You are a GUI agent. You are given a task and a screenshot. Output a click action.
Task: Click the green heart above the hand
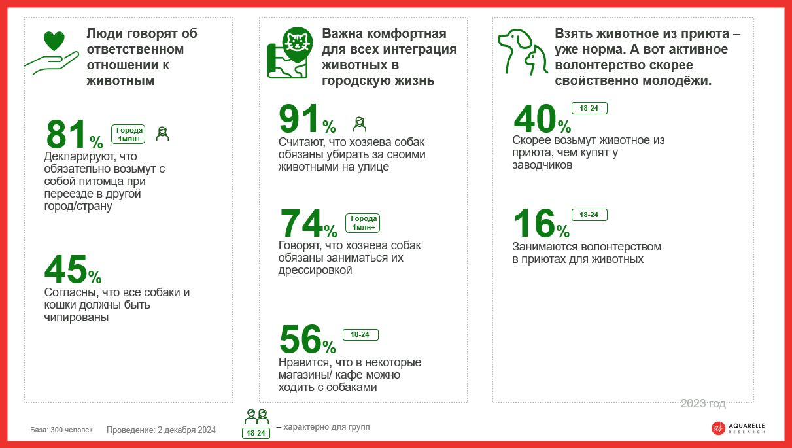click(x=54, y=41)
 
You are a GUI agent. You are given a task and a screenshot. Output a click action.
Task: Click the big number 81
click(x=67, y=134)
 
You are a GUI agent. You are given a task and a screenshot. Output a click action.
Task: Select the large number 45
click(x=66, y=269)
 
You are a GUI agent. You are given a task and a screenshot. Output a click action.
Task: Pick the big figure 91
click(x=300, y=118)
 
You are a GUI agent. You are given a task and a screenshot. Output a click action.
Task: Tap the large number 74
click(x=301, y=223)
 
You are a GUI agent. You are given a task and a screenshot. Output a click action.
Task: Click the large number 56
click(x=300, y=339)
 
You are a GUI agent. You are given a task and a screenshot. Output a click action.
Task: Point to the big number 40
click(x=535, y=119)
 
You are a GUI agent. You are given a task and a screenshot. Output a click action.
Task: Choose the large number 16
click(x=534, y=223)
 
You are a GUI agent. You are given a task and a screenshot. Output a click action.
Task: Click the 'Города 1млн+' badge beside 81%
click(x=128, y=134)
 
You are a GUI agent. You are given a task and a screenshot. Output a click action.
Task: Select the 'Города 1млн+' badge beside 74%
click(x=363, y=223)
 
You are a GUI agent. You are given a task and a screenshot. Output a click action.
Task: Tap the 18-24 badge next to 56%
click(x=360, y=334)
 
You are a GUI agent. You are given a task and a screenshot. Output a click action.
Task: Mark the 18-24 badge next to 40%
click(x=589, y=108)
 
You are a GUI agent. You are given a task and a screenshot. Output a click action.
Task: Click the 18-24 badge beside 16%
click(x=589, y=215)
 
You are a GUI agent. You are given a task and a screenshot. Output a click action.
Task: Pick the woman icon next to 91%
click(x=360, y=124)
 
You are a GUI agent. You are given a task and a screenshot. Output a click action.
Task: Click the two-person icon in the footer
click(x=256, y=417)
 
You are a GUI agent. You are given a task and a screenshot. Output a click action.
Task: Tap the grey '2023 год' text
click(x=703, y=404)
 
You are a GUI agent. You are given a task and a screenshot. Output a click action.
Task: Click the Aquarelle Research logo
click(x=738, y=428)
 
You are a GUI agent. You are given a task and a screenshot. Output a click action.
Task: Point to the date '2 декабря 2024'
click(x=186, y=430)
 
